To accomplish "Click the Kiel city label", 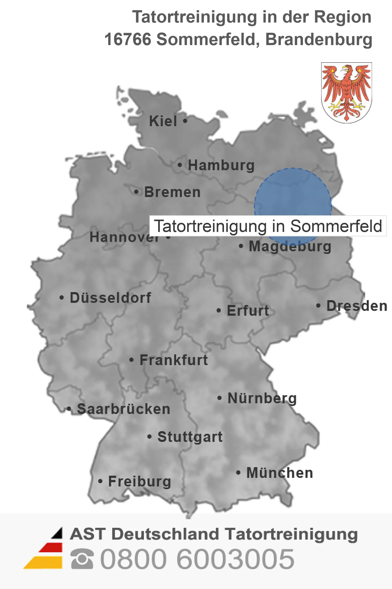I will point(163,121).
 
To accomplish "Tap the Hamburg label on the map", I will point(221,165).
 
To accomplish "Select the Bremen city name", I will point(172,192).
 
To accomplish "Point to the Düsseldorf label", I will point(110,298).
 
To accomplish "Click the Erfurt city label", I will point(248,311).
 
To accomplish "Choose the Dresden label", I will point(357,306).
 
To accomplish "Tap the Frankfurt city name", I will point(174,360).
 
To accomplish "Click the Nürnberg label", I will point(262,398).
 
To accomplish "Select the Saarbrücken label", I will point(124,409).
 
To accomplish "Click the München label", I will point(280,473).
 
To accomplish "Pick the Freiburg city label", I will point(140,481).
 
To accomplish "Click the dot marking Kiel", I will point(185,121).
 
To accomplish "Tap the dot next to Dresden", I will point(318,306).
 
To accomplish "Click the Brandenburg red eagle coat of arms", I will point(346,93).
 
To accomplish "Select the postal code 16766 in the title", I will point(128,39).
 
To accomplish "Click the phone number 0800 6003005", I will point(197,559).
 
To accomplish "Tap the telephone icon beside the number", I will point(82,559).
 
